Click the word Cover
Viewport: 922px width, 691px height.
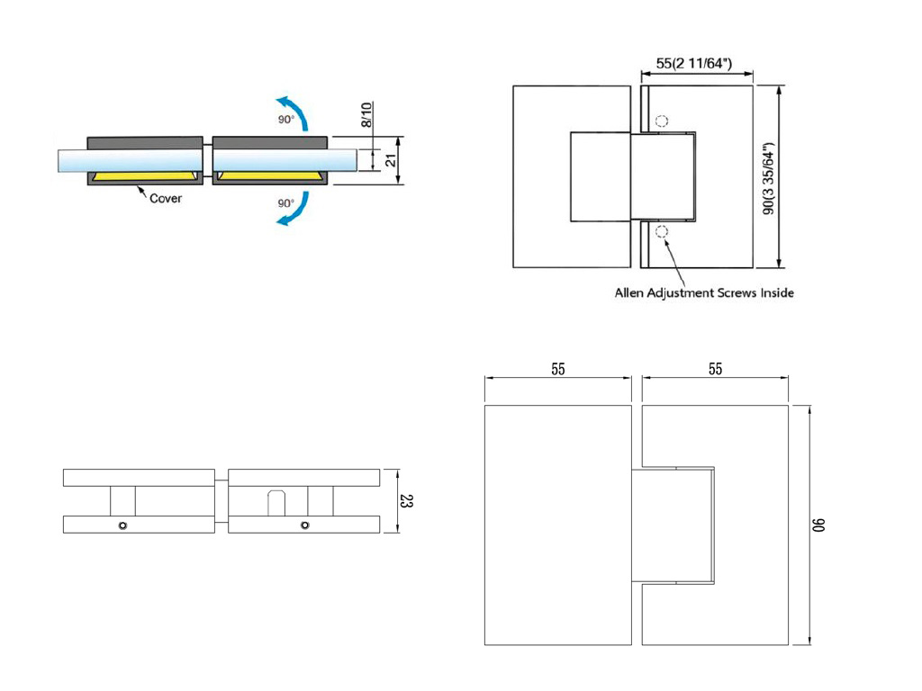pyautogui.click(x=165, y=198)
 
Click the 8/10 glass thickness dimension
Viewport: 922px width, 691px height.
pyautogui.click(x=366, y=116)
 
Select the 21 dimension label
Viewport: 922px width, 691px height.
pyautogui.click(x=391, y=161)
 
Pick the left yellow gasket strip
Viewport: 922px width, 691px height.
pyautogui.click(x=145, y=173)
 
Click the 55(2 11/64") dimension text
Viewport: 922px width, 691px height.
pyautogui.click(x=693, y=63)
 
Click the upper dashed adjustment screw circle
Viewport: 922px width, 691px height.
pyautogui.click(x=663, y=121)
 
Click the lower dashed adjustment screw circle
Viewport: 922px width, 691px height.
pyautogui.click(x=663, y=233)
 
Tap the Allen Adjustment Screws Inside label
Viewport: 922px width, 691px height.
pyautogui.click(x=704, y=292)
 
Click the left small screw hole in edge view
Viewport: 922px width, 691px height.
pyautogui.click(x=122, y=525)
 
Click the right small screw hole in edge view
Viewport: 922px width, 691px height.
pyautogui.click(x=305, y=525)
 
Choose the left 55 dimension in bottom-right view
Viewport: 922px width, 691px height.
pyautogui.click(x=558, y=369)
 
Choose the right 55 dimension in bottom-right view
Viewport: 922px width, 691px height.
pyautogui.click(x=715, y=369)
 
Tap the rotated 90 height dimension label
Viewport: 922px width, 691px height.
pyautogui.click(x=819, y=525)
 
